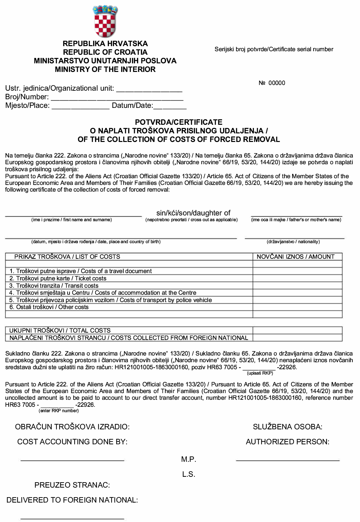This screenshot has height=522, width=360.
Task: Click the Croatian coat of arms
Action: point(105,21)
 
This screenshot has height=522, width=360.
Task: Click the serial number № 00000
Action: point(272,83)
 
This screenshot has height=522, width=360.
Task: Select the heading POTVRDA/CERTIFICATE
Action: point(178,122)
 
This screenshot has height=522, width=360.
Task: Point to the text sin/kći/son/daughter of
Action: point(193,213)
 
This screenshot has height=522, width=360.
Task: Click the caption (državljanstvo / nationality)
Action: point(293,242)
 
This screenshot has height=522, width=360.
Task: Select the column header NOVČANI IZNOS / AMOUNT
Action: point(295,257)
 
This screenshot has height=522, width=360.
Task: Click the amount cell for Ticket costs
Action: point(297,279)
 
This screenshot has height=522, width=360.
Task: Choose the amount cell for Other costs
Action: point(297,307)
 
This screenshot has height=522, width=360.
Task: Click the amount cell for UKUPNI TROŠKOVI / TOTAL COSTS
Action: point(297,330)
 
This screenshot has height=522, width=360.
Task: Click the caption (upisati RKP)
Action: point(260,373)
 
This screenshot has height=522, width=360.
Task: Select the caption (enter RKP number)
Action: point(59,411)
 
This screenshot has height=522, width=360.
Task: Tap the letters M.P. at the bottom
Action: point(189,459)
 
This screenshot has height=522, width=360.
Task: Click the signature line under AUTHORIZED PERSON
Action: point(288,460)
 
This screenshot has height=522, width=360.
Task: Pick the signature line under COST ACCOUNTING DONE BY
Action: point(72,460)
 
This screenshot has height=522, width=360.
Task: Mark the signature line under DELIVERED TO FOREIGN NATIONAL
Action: point(72,518)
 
